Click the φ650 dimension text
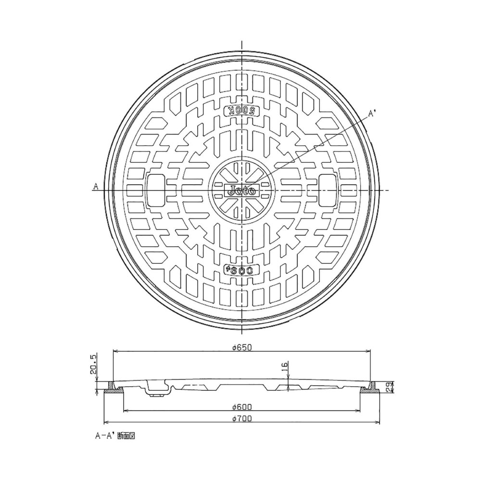pyautogui.click(x=242, y=348)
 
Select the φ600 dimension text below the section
pyautogui.click(x=242, y=407)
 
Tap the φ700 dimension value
pyautogui.click(x=242, y=418)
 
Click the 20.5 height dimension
pyautogui.click(x=93, y=364)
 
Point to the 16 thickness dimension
pyautogui.click(x=284, y=367)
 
